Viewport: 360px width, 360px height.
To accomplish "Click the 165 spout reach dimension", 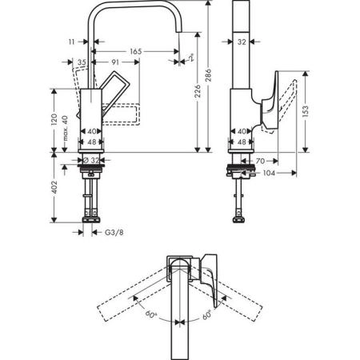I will click(136, 50).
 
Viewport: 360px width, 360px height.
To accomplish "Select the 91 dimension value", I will click(117, 62).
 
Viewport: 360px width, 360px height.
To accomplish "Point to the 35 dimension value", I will click(82, 62).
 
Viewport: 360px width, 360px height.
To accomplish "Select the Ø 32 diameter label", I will click(93, 161).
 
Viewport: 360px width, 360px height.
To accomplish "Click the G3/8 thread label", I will click(115, 233).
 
